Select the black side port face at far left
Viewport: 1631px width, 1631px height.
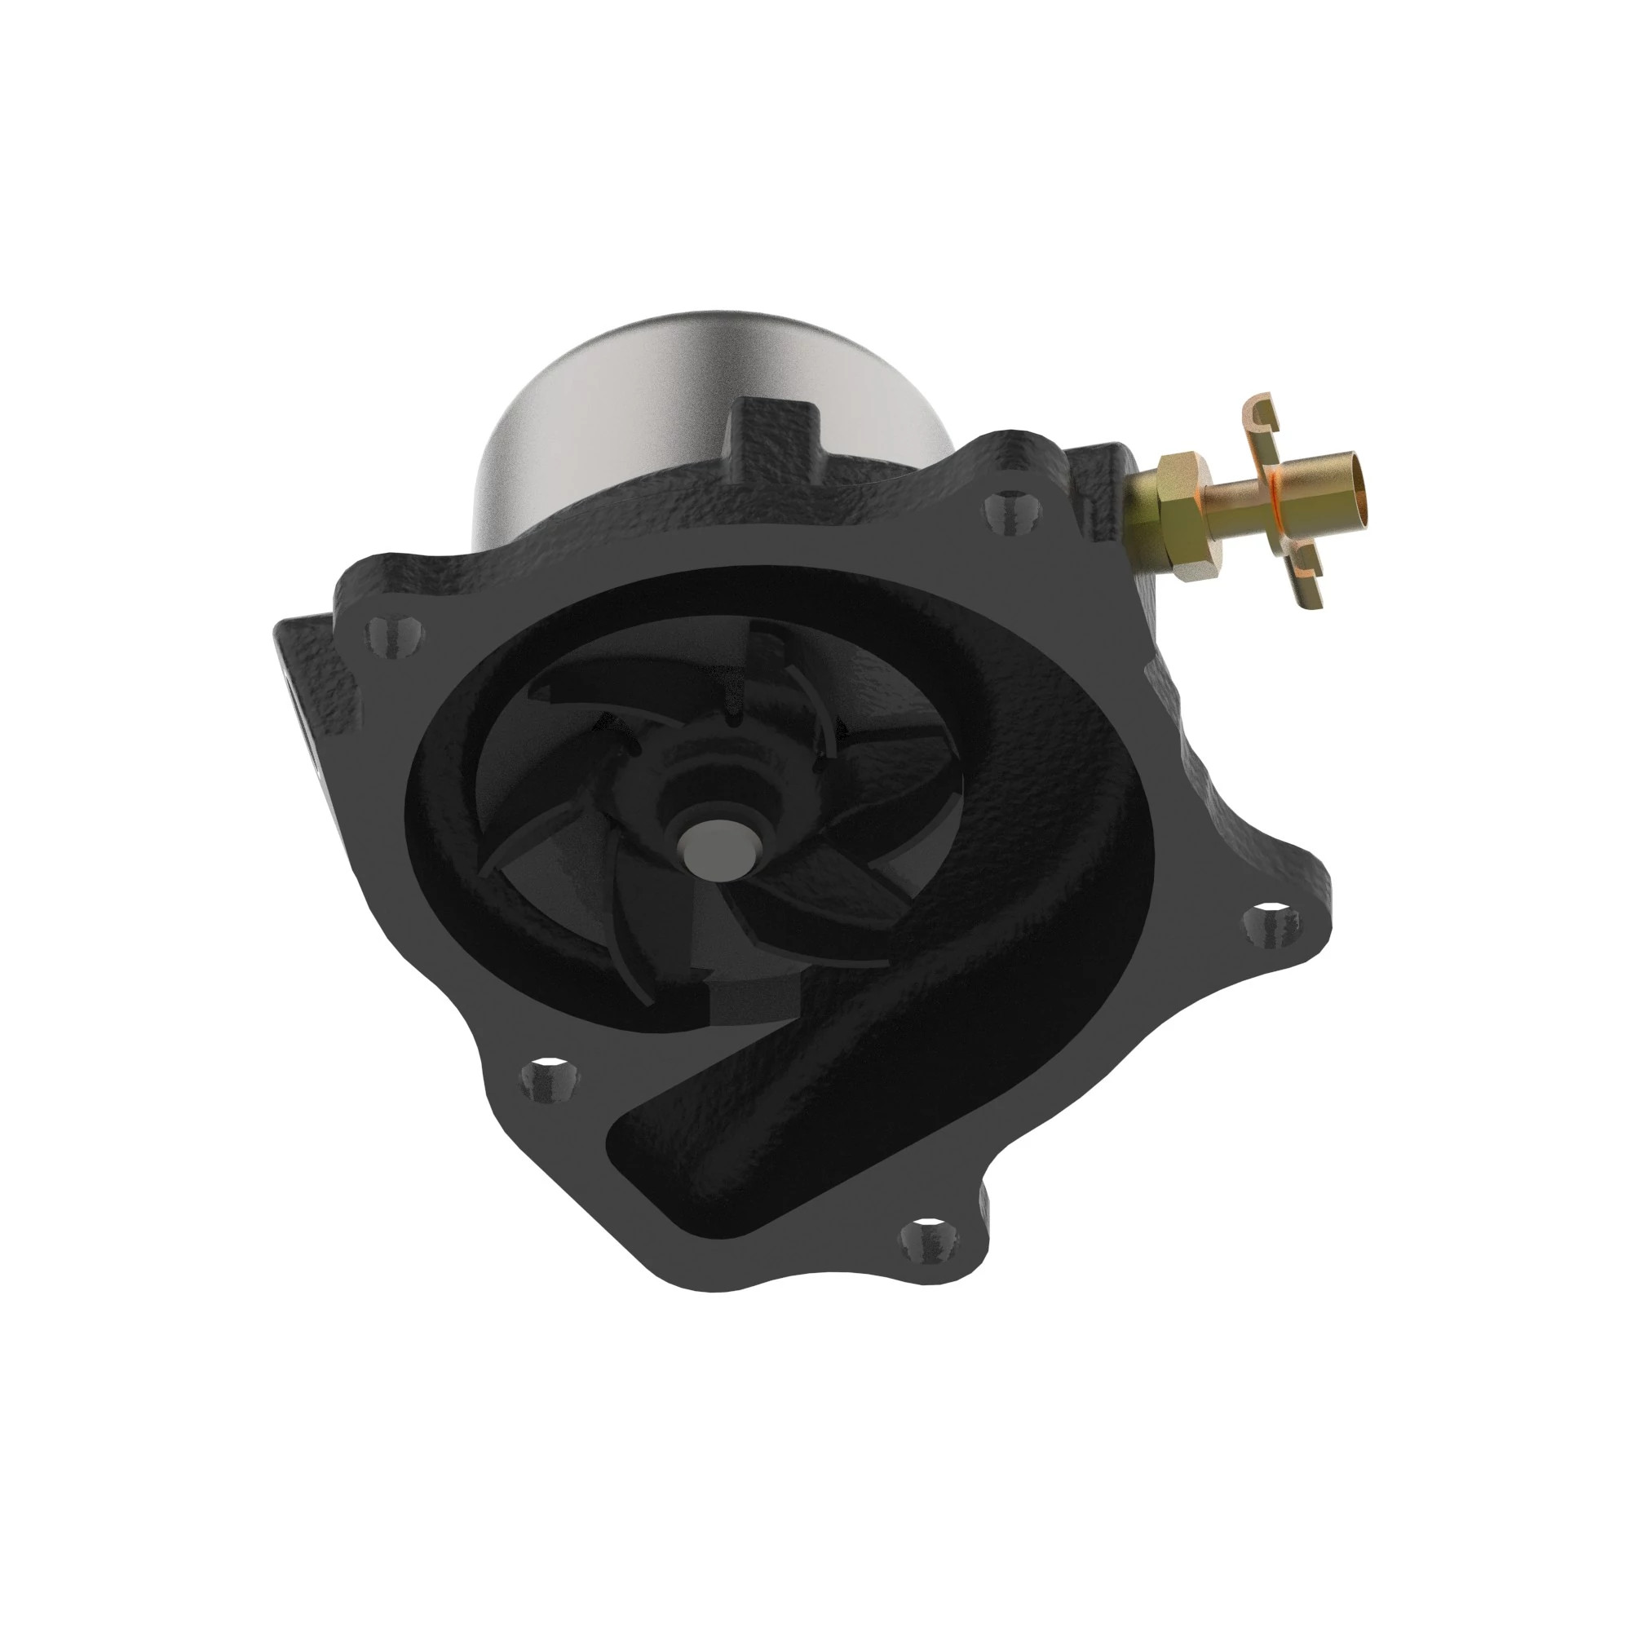295,701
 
